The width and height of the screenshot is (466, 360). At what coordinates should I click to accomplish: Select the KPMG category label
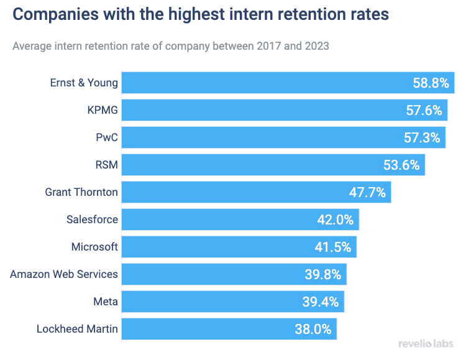tap(103, 111)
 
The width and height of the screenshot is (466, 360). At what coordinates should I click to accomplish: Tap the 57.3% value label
tap(422, 138)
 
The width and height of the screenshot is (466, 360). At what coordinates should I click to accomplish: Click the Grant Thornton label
tap(81, 192)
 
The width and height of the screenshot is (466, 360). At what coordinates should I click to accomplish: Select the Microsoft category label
tap(94, 247)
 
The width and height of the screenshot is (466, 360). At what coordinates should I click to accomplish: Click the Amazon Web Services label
tap(64, 274)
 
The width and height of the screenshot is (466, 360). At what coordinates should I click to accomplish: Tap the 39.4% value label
tap(321, 302)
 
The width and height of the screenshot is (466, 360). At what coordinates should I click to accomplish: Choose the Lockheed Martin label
tap(77, 329)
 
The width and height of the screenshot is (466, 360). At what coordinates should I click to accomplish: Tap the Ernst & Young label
tap(84, 83)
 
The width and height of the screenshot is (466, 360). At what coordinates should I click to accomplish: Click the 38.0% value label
tap(313, 330)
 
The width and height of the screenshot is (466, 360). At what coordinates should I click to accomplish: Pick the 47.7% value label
tap(367, 193)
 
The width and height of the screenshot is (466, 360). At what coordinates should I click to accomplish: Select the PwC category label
tap(107, 138)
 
